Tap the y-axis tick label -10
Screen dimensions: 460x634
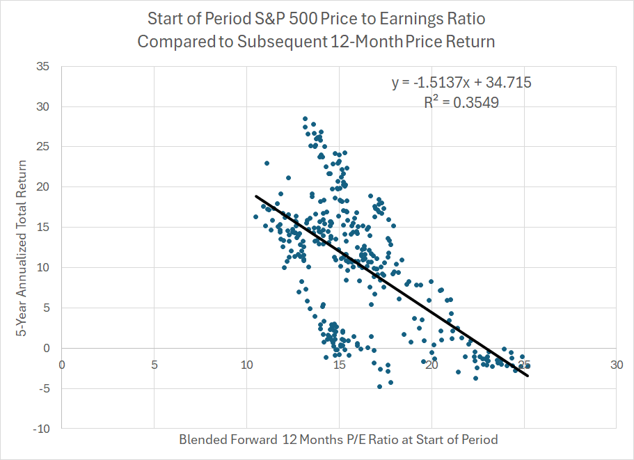pos(42,429)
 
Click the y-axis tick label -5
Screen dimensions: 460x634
pos(45,388)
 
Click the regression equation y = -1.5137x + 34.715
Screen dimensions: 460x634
pos(461,83)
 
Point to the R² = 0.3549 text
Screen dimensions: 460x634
pos(461,102)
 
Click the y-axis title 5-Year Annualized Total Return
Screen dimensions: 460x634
pos(22,248)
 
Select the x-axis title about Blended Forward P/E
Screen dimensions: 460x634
pos(338,440)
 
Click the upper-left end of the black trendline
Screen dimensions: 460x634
pos(256,196)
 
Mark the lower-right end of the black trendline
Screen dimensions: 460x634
pos(528,376)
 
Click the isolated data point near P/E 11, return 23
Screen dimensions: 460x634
pos(267,163)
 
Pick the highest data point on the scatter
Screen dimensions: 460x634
pos(305,119)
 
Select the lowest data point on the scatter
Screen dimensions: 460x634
pos(379,386)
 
